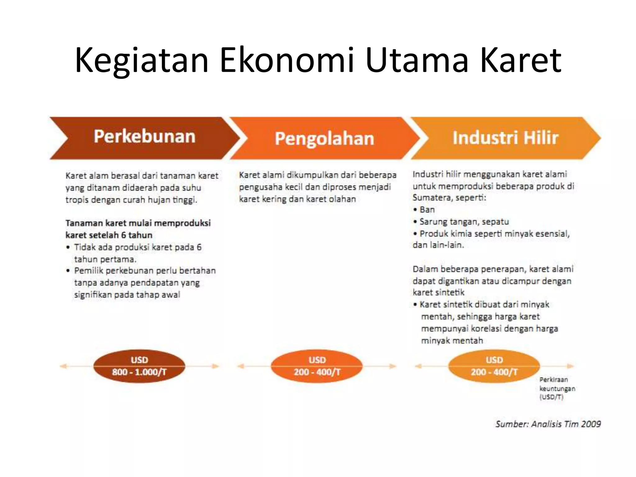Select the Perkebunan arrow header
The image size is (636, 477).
click(144, 137)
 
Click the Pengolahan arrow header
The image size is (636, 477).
click(324, 139)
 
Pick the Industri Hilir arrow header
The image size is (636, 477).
click(505, 138)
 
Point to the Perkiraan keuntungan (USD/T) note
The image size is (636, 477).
click(557, 388)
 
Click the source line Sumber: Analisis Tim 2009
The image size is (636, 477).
click(548, 424)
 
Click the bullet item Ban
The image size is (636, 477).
click(427, 210)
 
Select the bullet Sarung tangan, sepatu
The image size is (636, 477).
click(464, 222)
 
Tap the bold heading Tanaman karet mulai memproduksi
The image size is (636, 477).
click(138, 223)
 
